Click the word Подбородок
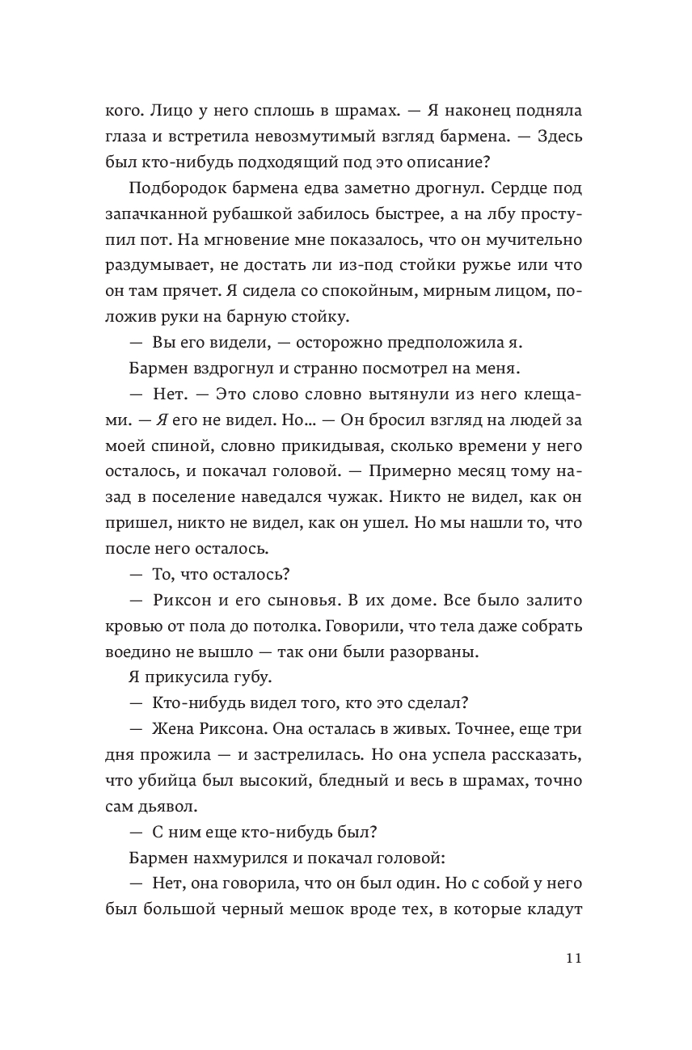(x=174, y=189)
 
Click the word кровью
(x=132, y=627)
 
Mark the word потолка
(x=304, y=627)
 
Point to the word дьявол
(x=167, y=808)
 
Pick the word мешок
(x=304, y=911)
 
